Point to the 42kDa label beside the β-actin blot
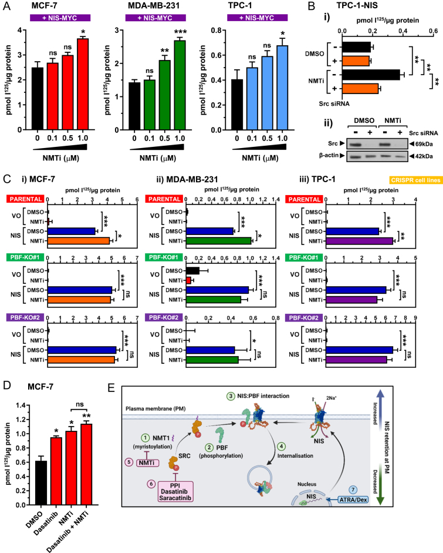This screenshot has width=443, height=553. tap(420, 156)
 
